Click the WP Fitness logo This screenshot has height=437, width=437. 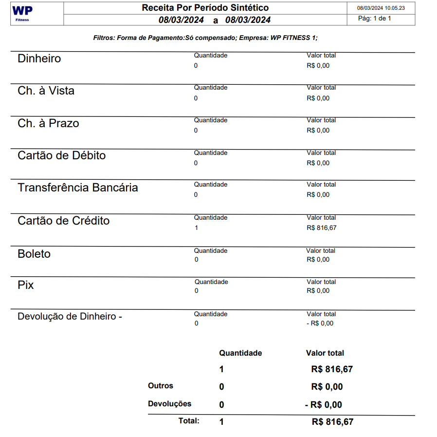click(22, 13)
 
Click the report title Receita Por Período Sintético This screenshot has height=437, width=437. click(205, 8)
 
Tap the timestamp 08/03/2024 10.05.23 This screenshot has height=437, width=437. click(381, 8)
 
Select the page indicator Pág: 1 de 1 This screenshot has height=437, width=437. click(375, 19)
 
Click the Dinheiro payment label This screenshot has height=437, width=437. click(39, 58)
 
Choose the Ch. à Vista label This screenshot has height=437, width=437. click(46, 91)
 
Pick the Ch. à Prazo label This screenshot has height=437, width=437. click(48, 123)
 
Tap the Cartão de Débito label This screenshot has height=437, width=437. click(62, 155)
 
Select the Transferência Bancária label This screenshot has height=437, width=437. click(78, 188)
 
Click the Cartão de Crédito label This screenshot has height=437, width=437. click(64, 221)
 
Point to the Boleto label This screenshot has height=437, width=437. click(34, 254)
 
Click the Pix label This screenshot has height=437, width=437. click(26, 285)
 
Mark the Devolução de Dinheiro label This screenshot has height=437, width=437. click(70, 316)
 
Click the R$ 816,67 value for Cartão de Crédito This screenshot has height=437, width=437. click(321, 228)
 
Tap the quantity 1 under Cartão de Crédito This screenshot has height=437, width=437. click(196, 228)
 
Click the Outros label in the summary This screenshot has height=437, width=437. click(161, 386)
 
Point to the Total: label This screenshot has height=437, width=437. click(189, 421)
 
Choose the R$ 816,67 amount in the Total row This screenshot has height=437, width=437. click(332, 422)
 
